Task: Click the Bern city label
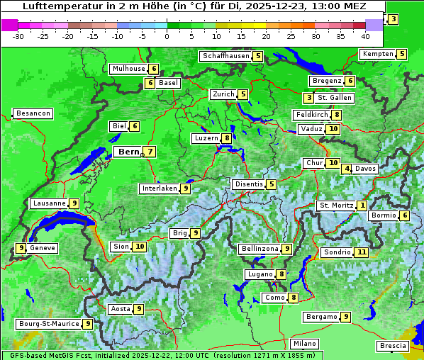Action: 128,152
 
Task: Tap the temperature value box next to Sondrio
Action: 362,252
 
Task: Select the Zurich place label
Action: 223,94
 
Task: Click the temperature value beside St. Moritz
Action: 362,206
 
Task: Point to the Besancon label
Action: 33,113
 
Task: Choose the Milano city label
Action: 305,343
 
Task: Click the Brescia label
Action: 393,346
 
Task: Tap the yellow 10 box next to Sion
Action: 139,247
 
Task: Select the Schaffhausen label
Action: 225,56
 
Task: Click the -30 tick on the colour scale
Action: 18,36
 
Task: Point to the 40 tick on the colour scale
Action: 365,36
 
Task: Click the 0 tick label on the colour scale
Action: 167,36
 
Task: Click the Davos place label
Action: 366,169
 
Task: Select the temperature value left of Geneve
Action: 21,248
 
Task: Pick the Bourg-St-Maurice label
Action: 48,324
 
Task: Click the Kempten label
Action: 377,54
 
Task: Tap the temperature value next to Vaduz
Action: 333,129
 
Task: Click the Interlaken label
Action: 158,189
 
